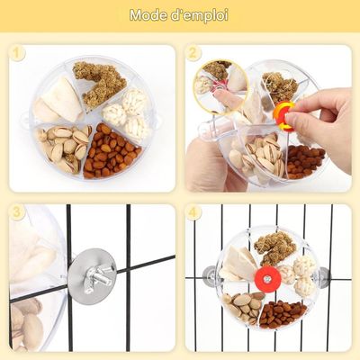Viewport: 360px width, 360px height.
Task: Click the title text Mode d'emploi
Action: [179, 15]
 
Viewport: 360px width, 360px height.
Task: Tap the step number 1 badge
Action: [18, 54]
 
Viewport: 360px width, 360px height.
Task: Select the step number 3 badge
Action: [17, 212]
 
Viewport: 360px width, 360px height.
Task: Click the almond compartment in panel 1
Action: [111, 152]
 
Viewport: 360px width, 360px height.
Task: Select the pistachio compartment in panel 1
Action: [64, 147]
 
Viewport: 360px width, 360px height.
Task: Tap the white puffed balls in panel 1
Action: [127, 115]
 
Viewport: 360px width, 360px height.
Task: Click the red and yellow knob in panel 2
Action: [283, 116]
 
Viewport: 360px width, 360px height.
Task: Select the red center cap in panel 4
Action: [266, 279]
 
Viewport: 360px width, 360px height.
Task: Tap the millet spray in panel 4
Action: [274, 247]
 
